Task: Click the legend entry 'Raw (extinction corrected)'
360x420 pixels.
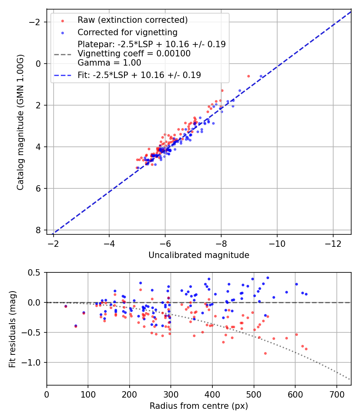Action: tap(132, 20)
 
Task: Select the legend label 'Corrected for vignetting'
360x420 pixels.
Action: tap(128, 32)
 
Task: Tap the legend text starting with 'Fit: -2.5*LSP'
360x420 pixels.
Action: tap(139, 75)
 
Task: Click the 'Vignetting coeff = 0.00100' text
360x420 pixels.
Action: tap(134, 54)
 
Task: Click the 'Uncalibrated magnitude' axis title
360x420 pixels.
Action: tap(199, 255)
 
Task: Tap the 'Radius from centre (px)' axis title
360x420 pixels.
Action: tap(199, 406)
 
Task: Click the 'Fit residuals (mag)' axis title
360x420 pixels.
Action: tap(12, 329)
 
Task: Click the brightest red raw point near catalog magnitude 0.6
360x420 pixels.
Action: tap(248, 76)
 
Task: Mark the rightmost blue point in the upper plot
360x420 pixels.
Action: tap(261, 76)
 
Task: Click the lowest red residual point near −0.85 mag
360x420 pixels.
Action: tap(265, 353)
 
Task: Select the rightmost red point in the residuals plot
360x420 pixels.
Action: tap(306, 349)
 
